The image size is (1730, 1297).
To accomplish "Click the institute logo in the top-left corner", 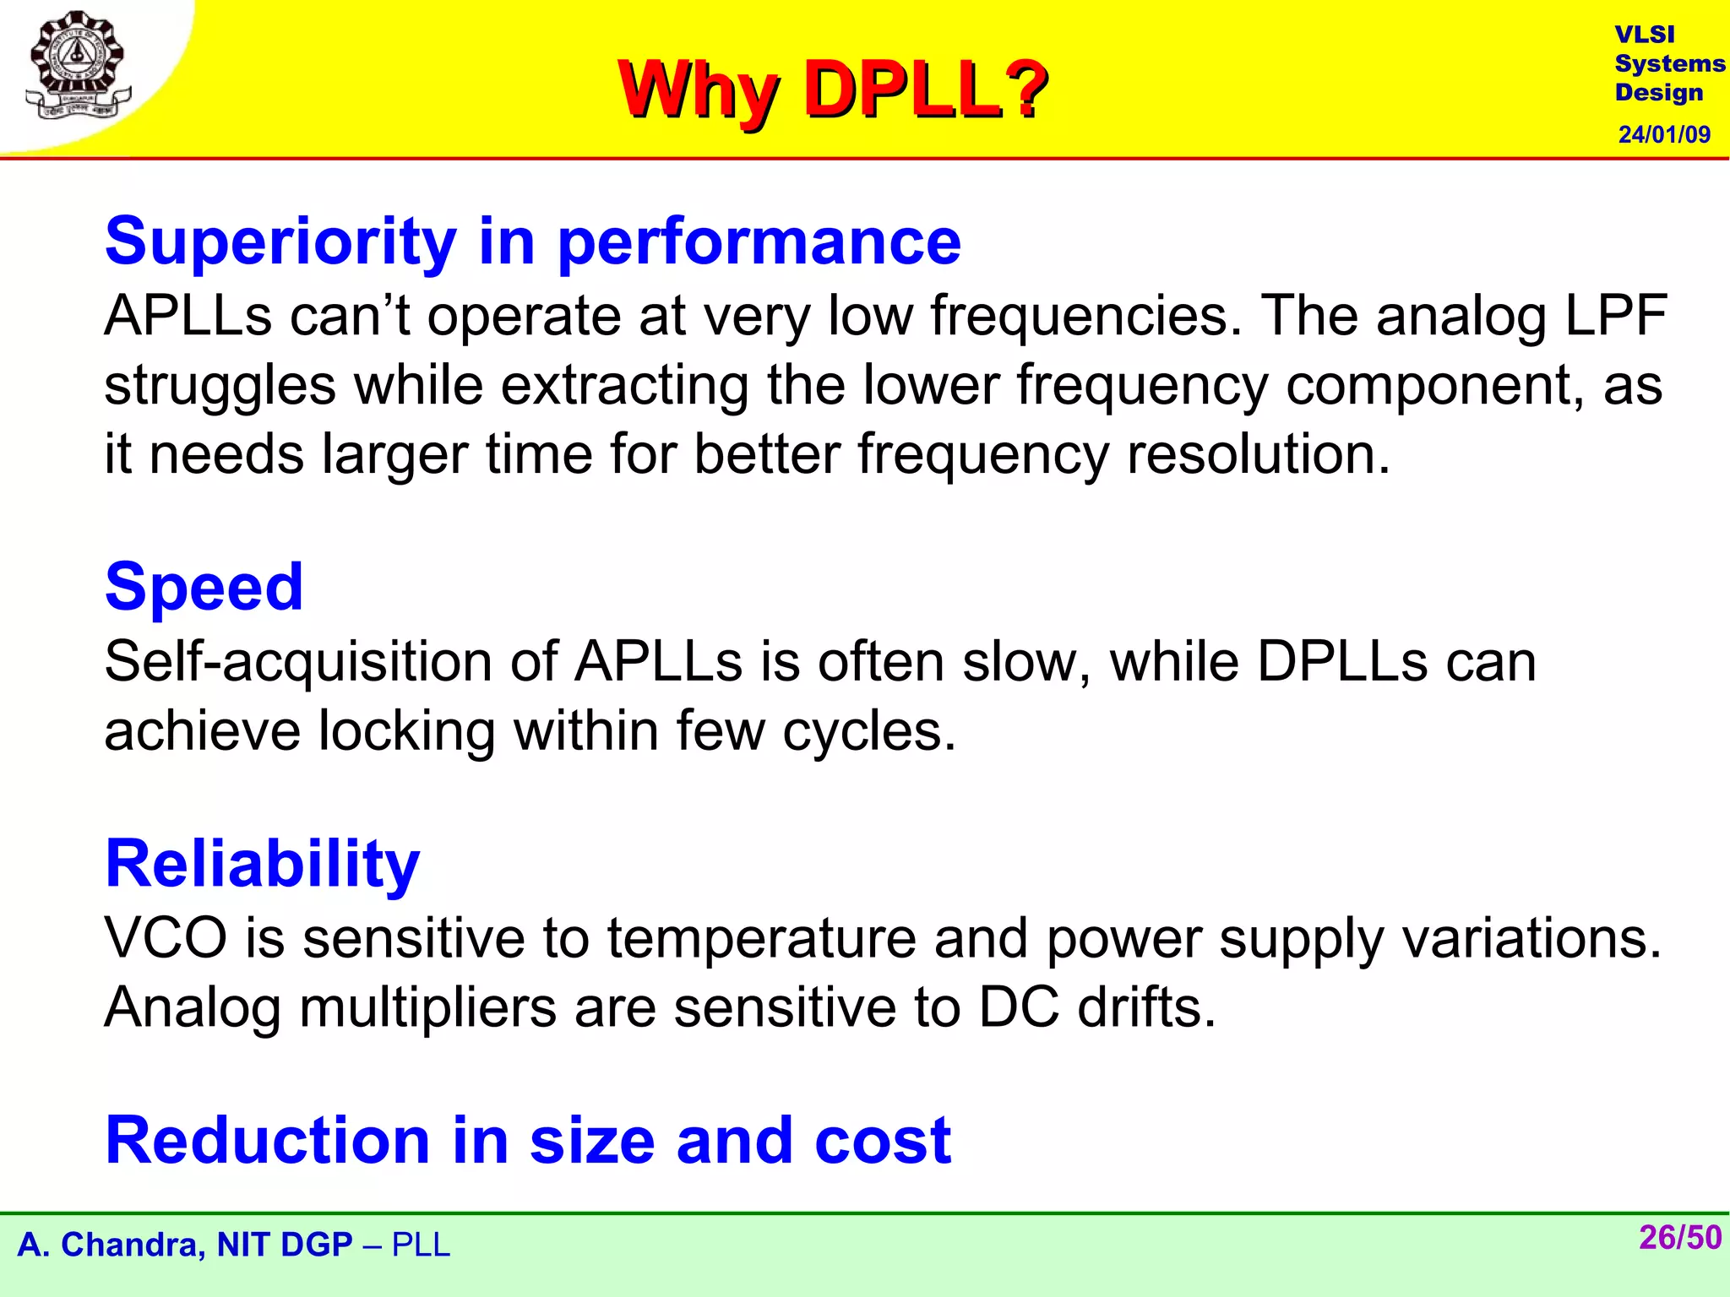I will pos(78,66).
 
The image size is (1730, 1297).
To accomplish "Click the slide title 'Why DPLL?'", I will pos(832,90).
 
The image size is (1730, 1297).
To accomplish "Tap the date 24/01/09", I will pos(1663,134).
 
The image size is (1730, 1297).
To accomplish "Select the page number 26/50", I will pos(1679,1238).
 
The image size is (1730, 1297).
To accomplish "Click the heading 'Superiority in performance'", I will pos(532,241).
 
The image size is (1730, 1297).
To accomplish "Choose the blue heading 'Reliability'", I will pos(262,863).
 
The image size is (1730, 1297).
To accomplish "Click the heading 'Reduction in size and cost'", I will pos(528,1140).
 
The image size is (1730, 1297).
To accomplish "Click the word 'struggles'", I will pos(220,385).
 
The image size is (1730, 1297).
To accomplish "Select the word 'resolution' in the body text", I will pos(1258,454).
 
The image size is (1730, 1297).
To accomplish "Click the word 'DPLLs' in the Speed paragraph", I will pos(1341,661).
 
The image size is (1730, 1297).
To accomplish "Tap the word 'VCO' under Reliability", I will pos(166,938).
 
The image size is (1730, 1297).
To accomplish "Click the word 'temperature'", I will pos(761,938).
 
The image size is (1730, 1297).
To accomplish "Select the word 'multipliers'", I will pos(427,1007).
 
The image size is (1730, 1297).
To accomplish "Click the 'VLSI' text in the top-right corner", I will pos(1644,35).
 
